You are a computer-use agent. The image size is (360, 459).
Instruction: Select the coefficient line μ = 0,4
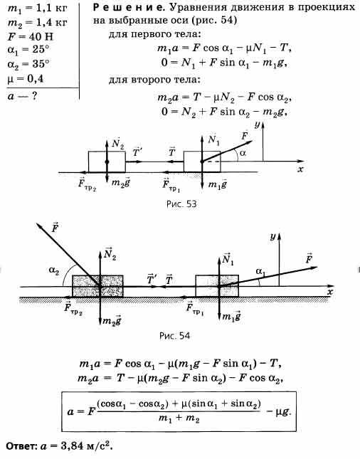coord(25,78)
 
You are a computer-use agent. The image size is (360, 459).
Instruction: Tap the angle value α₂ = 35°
coord(28,64)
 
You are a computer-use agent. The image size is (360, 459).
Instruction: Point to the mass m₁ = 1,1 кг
coord(37,9)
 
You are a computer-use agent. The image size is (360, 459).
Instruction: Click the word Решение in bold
coord(127,7)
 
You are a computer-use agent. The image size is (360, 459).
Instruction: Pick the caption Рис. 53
coord(181,204)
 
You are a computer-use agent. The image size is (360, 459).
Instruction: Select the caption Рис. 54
coord(174,335)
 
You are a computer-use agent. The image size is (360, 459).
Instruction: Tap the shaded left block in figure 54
coord(97,286)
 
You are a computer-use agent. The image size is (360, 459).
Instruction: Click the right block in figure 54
coord(217,286)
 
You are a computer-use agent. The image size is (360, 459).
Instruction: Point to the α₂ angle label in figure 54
coord(54,271)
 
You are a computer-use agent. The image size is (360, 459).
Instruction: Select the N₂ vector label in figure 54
coord(110,253)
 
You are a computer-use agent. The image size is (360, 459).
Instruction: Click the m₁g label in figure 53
coord(217,184)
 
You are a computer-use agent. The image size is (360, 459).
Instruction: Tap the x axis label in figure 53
coord(300,169)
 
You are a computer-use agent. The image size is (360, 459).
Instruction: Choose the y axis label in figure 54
coord(272,236)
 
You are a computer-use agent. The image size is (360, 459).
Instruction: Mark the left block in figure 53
coord(107,162)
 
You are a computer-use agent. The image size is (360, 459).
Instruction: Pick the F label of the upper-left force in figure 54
coord(55,228)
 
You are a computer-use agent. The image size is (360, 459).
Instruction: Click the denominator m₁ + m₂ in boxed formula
coord(179,418)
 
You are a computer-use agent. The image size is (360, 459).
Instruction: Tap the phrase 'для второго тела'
coord(154,80)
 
